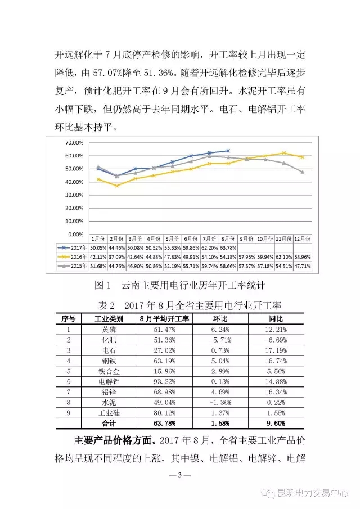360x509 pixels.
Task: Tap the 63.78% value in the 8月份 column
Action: (228, 247)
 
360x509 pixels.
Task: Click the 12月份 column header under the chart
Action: (304, 238)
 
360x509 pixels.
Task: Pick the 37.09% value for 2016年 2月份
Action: (116, 256)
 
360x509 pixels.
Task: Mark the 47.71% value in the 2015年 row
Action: (304, 265)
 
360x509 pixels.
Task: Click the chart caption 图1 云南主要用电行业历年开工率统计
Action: (179, 286)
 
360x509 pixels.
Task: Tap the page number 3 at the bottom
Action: (180, 476)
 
